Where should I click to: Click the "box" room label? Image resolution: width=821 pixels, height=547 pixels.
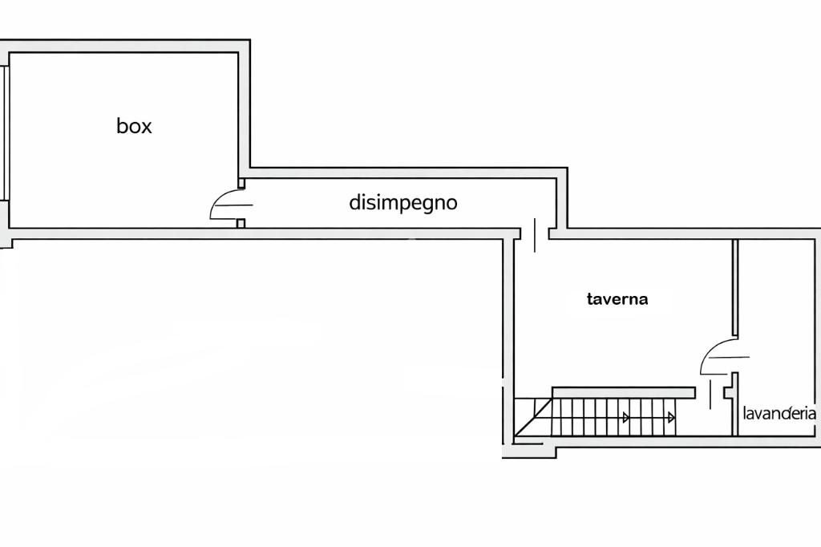[134, 126]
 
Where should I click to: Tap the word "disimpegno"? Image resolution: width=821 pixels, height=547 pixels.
[403, 202]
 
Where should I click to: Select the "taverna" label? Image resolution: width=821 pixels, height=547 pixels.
[617, 299]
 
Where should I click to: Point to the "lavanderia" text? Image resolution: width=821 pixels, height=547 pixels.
[779, 414]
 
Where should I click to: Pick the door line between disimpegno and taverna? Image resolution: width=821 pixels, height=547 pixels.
[535, 233]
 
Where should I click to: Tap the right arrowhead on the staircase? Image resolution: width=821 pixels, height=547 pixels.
[671, 417]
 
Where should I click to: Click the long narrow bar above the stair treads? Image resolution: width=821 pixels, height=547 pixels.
[624, 391]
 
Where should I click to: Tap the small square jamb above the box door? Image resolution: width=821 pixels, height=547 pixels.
[241, 183]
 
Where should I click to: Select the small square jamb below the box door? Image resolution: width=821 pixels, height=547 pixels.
[241, 223]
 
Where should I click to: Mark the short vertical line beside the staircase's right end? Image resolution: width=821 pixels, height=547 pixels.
[710, 395]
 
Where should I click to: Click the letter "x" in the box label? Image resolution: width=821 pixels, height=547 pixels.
[145, 127]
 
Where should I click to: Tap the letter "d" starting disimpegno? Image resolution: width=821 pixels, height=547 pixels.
[354, 202]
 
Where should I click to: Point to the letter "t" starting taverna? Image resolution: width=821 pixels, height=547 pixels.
[591, 299]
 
